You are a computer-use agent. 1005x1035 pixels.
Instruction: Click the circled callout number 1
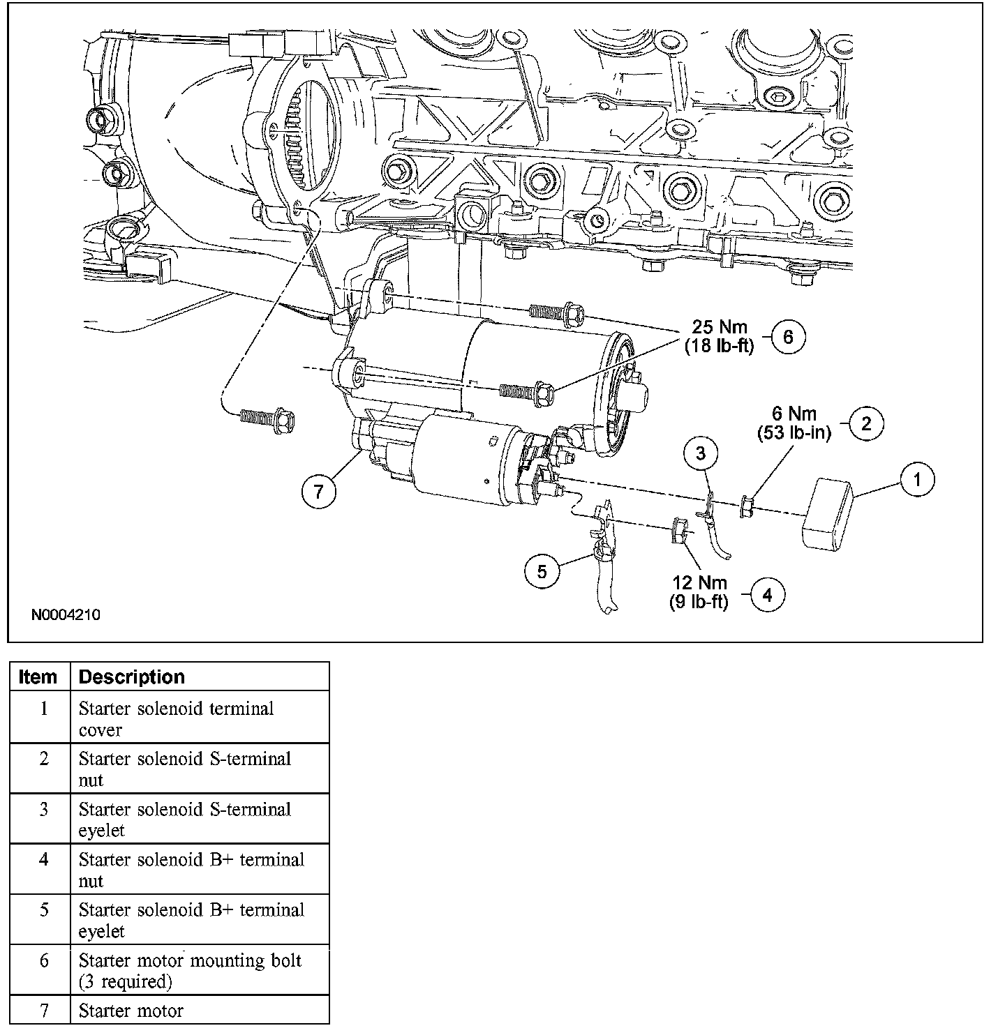point(917,479)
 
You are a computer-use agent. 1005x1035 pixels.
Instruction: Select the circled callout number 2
point(866,423)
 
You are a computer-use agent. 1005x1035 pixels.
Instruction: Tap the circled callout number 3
point(700,453)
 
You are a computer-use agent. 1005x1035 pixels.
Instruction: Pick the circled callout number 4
point(767,595)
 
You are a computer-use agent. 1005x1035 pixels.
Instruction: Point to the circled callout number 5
point(542,572)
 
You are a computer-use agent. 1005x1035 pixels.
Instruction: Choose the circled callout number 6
point(788,337)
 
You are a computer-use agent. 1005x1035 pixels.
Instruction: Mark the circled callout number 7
point(319,492)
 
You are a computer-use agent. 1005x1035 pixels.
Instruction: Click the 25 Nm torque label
point(719,326)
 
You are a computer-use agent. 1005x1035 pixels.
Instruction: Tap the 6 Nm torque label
point(794,414)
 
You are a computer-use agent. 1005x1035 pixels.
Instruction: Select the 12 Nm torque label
point(699,583)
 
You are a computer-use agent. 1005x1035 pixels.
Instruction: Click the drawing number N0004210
point(66,615)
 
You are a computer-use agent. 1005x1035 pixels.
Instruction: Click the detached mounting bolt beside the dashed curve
point(268,419)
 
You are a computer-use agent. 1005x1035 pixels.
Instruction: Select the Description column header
point(131,677)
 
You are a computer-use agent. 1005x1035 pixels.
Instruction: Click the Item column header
point(38,677)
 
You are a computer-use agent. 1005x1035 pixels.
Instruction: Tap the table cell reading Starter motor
point(131,1011)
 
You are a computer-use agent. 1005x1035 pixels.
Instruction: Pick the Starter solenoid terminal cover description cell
point(176,719)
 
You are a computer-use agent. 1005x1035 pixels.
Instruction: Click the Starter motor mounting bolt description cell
point(190,970)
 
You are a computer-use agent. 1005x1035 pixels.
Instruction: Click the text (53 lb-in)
point(794,433)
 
